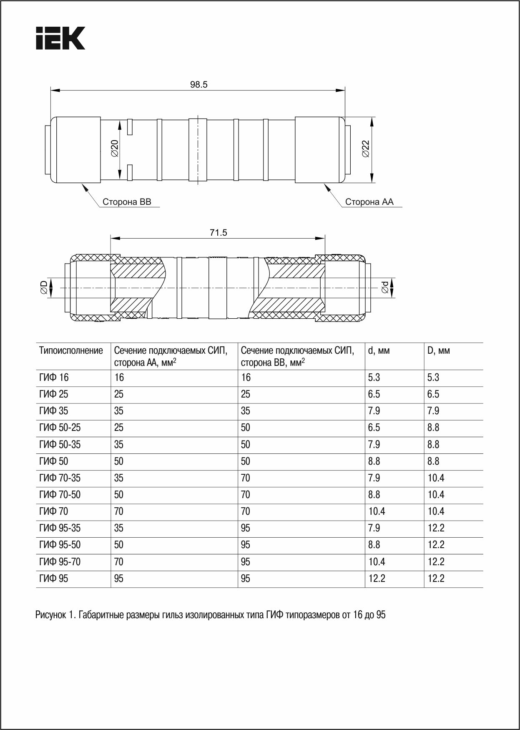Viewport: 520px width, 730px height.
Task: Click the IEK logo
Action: [x=60, y=38]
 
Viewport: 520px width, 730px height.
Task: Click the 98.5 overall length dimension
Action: [x=198, y=85]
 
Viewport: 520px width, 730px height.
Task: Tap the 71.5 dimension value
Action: [x=218, y=233]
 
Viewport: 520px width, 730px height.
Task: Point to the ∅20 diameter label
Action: [x=115, y=148]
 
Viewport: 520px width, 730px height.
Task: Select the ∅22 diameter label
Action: [x=365, y=149]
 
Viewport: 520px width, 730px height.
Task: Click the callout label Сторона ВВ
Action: [x=127, y=202]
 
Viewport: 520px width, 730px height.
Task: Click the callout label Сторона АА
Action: [x=369, y=202]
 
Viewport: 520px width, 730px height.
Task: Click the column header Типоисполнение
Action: [x=71, y=350]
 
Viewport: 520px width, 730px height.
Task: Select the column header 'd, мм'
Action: [x=379, y=350]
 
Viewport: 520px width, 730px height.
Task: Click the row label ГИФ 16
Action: [x=54, y=378]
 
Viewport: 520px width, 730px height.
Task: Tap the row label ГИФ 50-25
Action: [x=60, y=428]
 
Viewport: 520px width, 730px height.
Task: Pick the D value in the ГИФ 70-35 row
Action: [x=436, y=478]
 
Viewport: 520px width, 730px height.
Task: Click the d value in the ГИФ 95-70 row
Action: [x=377, y=562]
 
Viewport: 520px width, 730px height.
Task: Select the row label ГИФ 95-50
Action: [x=60, y=545]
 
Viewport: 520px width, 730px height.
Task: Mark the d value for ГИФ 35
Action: [x=374, y=411]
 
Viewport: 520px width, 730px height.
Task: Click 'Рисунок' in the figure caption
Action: [x=49, y=615]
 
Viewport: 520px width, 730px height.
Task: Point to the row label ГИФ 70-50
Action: [x=60, y=495]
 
